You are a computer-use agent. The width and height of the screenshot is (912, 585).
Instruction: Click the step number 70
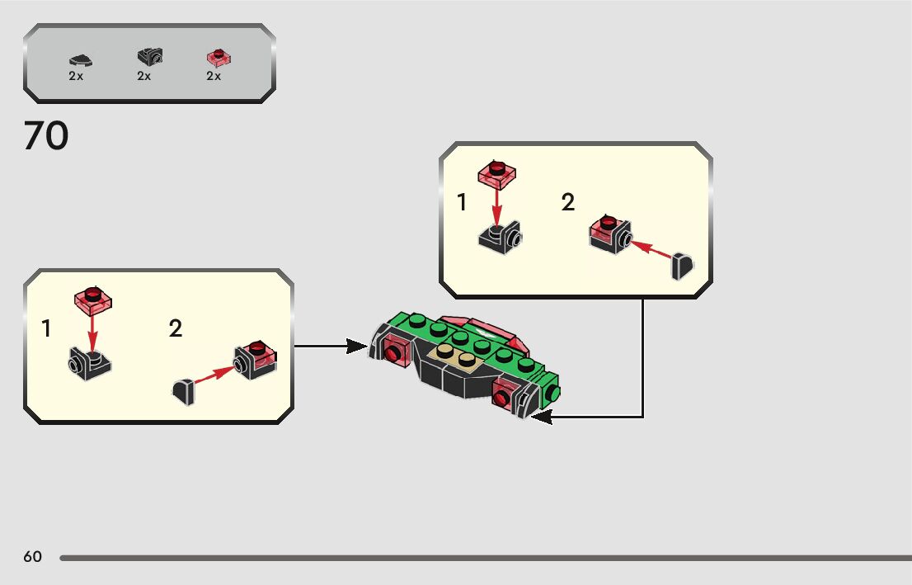click(x=46, y=136)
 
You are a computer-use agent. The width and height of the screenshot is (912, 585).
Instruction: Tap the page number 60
click(x=32, y=557)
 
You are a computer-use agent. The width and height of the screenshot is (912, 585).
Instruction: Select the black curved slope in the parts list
click(x=80, y=59)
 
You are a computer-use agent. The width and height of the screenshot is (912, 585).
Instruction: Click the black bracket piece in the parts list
click(x=149, y=56)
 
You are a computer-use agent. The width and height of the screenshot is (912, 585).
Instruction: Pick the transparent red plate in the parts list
click(x=218, y=57)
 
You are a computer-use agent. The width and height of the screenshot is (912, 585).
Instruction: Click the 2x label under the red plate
click(x=214, y=76)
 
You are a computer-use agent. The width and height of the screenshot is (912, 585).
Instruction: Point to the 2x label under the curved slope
click(x=76, y=76)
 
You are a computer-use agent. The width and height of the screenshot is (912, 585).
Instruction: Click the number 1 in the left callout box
click(x=47, y=329)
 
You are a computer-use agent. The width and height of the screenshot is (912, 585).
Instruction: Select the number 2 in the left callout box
click(x=175, y=329)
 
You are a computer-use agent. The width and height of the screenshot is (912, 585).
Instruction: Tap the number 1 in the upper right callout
click(x=463, y=202)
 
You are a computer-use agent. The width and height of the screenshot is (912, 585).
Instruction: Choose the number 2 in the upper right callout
click(x=568, y=202)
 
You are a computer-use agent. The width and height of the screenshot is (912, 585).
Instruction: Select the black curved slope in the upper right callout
click(x=682, y=267)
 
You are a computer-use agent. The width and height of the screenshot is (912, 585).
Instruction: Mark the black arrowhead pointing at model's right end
click(x=541, y=418)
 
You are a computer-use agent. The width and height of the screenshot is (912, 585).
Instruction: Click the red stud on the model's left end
click(x=395, y=354)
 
